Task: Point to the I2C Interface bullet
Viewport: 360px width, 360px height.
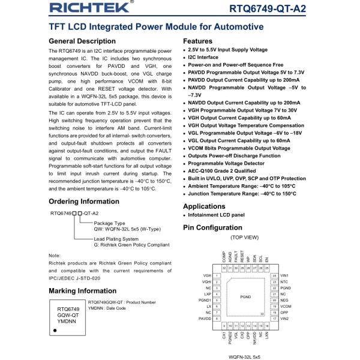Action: (x=203, y=58)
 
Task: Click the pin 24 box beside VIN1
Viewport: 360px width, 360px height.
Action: (x=274, y=275)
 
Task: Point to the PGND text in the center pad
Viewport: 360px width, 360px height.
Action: (x=245, y=297)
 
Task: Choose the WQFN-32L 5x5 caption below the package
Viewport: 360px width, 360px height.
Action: (x=244, y=356)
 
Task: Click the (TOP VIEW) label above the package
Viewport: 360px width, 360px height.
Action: (x=244, y=238)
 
